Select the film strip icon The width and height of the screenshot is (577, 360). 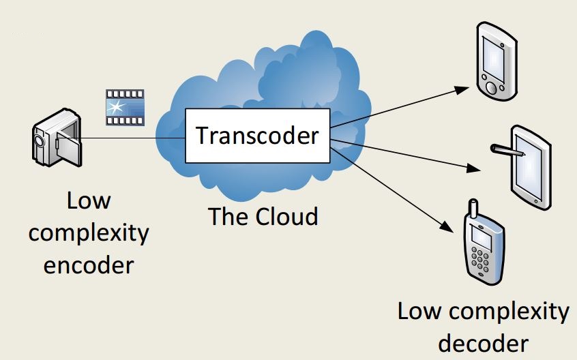click(x=124, y=107)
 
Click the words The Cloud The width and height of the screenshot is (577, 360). click(x=263, y=217)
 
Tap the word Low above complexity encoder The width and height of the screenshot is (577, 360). click(x=89, y=202)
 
